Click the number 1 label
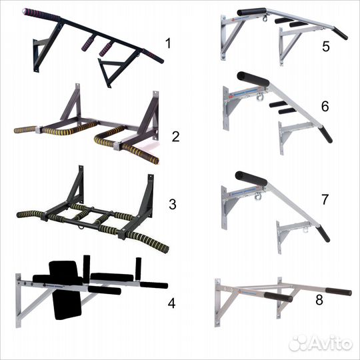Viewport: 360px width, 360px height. point(169,43)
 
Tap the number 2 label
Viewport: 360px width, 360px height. point(175,137)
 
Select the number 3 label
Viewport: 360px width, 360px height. point(173,204)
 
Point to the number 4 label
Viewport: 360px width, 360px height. point(172,303)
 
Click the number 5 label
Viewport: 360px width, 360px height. point(326,47)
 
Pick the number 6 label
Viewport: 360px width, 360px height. point(325,106)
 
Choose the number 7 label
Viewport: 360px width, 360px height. point(325,199)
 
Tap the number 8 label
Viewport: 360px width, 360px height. point(319,300)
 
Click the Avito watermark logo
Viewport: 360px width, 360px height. point(321,343)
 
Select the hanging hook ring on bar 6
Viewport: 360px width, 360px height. point(260,97)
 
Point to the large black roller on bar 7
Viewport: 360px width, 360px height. point(251,179)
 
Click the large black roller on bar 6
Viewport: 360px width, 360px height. point(253,79)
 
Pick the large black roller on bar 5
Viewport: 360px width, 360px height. point(252,12)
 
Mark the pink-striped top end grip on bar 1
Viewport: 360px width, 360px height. point(41,14)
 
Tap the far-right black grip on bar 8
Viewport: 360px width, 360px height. point(339,291)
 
